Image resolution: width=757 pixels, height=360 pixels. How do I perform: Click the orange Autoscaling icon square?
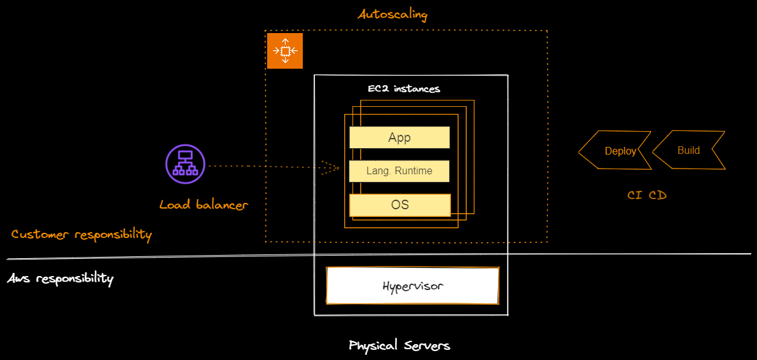coord(285,51)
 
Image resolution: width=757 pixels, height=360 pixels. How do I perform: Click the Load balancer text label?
coord(204,205)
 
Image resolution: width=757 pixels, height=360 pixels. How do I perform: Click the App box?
coord(399,137)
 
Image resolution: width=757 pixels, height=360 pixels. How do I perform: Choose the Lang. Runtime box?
coord(399,171)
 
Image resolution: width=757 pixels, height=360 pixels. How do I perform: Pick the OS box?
coord(399,205)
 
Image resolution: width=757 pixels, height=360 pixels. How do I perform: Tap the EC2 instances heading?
coord(403,89)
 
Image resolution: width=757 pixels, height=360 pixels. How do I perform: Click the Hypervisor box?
coord(413,286)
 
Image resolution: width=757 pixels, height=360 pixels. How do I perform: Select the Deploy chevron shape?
coord(615,150)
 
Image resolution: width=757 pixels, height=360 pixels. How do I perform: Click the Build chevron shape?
coord(689,150)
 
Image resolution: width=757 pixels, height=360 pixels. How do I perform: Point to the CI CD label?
coord(647,195)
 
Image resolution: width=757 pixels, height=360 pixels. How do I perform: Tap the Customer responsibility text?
coord(81,235)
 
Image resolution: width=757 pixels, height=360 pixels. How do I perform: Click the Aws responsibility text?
coord(60,279)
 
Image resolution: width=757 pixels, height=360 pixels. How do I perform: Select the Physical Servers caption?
coord(399,345)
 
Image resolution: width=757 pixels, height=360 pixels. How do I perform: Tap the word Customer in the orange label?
coord(41,235)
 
